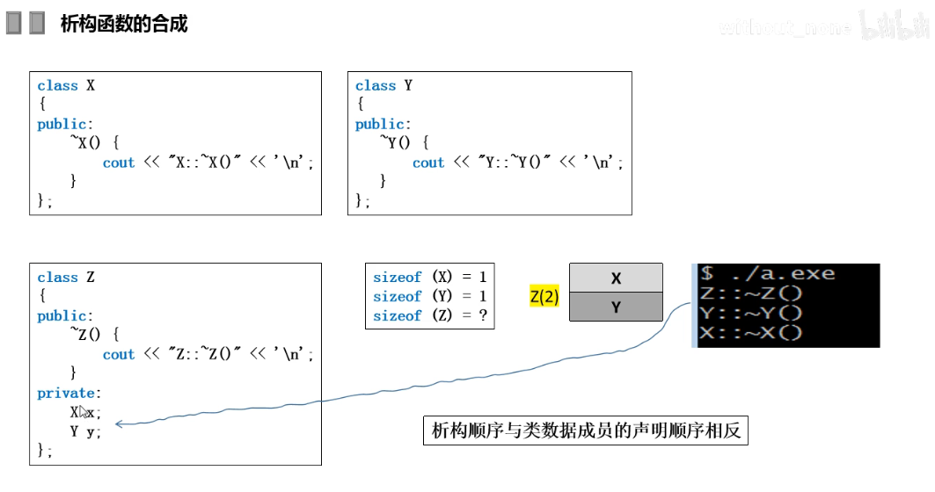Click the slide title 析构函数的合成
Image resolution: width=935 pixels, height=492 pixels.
pos(123,24)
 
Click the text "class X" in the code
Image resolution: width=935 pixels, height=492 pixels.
pos(66,85)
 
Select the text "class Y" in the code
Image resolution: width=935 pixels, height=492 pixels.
pos(383,85)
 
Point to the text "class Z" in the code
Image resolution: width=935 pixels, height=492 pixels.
pos(66,277)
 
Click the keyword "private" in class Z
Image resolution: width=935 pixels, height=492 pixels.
pos(68,393)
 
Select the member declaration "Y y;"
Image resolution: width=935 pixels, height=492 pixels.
pos(85,431)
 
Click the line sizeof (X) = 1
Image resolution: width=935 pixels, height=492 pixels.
pos(429,278)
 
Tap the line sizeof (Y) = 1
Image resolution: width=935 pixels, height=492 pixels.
pos(429,297)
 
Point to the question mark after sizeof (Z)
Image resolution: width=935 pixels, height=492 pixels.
pos(483,316)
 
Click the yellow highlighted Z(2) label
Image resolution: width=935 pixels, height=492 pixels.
pos(544,297)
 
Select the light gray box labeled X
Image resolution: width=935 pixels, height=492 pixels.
pos(616,278)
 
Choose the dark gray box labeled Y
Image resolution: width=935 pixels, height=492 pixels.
pos(616,307)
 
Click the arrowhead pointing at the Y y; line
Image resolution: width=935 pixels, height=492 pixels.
pos(119,425)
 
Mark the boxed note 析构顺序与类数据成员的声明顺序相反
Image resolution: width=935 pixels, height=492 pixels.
pos(585,431)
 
